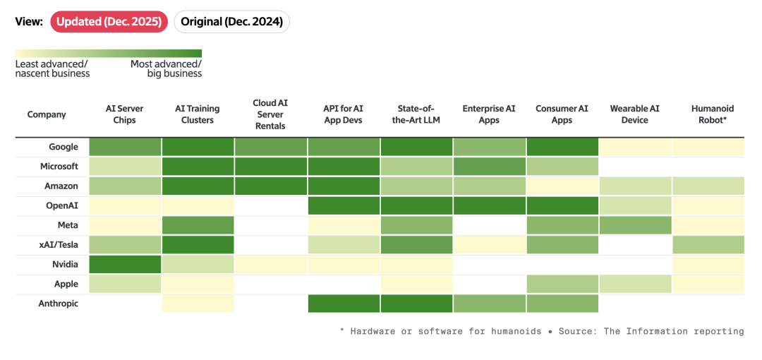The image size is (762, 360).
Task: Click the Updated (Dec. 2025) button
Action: click(x=109, y=23)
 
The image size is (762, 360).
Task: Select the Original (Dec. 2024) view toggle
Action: click(x=231, y=23)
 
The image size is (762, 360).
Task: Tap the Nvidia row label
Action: click(x=66, y=265)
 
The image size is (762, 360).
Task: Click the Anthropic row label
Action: click(x=59, y=304)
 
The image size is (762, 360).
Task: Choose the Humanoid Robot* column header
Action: click(x=708, y=114)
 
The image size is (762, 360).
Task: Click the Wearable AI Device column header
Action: click(x=635, y=114)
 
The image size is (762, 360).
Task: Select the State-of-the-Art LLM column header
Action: click(x=416, y=114)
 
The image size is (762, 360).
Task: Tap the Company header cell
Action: click(x=47, y=115)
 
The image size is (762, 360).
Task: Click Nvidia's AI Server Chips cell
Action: click(x=125, y=265)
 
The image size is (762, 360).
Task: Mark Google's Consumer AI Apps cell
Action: click(x=562, y=147)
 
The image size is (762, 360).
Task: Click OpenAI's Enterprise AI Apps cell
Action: click(x=489, y=206)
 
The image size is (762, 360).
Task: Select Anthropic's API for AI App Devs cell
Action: click(x=344, y=304)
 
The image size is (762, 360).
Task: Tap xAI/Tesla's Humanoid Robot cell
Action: click(x=708, y=245)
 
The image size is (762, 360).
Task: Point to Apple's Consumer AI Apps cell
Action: click(x=562, y=284)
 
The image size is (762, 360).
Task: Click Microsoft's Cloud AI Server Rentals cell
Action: click(x=271, y=167)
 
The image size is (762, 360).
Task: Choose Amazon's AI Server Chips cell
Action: click(x=125, y=186)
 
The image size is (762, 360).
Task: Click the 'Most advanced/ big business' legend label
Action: click(x=167, y=69)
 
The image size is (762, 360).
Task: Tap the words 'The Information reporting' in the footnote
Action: click(x=674, y=331)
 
